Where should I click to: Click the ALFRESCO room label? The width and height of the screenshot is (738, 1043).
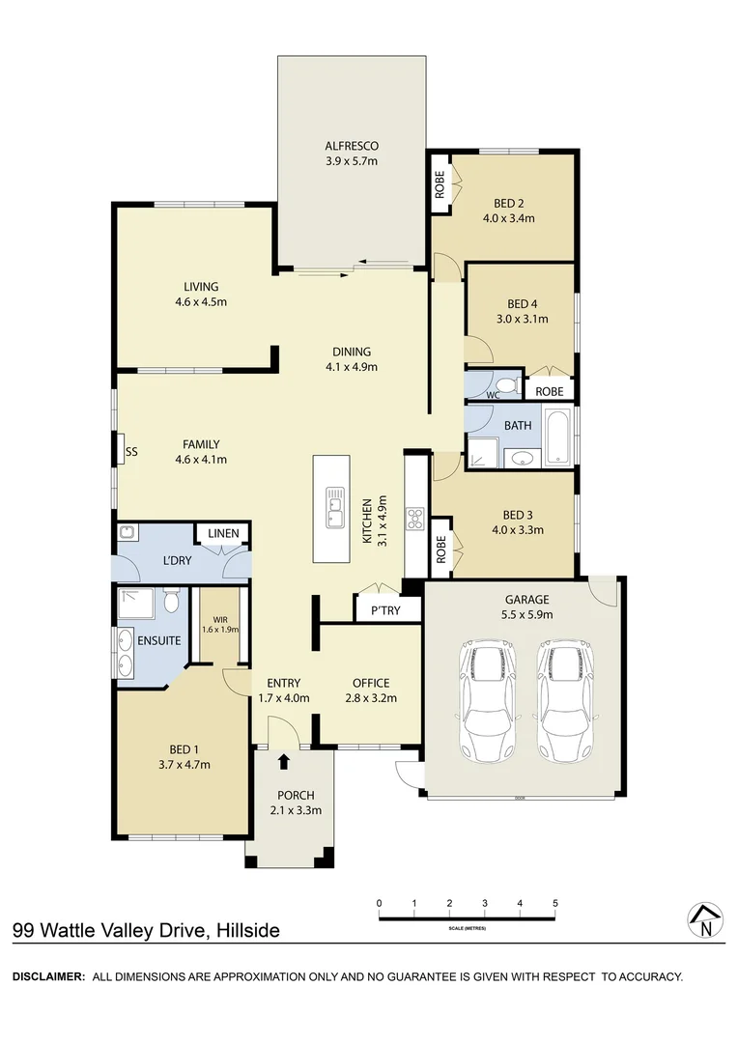[351, 146]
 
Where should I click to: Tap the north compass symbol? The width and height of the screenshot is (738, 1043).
[705, 921]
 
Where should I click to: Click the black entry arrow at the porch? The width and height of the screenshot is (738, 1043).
[283, 763]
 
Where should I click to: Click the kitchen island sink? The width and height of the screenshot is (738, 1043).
[334, 506]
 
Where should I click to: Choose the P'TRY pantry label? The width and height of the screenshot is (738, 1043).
[372, 610]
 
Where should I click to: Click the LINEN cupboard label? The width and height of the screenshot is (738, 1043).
[223, 533]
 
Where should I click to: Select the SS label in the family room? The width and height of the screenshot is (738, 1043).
[130, 450]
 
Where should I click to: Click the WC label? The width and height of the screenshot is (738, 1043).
[492, 395]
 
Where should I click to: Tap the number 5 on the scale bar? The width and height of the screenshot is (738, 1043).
[554, 903]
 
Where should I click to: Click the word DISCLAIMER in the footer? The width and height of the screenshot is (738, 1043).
[49, 976]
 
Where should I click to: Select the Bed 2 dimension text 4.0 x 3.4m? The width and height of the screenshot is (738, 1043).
[508, 218]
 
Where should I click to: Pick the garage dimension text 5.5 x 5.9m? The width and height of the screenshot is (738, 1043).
[525, 612]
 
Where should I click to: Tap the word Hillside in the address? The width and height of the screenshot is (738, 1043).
[247, 931]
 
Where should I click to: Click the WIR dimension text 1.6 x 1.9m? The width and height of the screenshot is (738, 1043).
[219, 629]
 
